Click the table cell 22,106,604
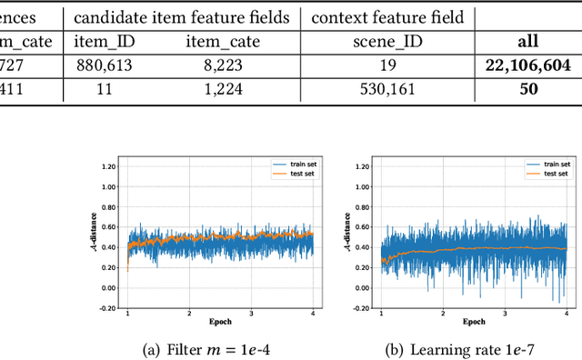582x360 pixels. click(x=528, y=65)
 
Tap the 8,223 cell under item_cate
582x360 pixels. click(x=222, y=65)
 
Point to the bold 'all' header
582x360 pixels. click(x=528, y=41)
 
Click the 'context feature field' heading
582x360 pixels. click(x=387, y=16)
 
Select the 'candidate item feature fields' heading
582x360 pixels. click(x=181, y=16)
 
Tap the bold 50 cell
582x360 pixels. click(x=528, y=90)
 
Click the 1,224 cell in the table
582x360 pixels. click(x=222, y=90)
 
